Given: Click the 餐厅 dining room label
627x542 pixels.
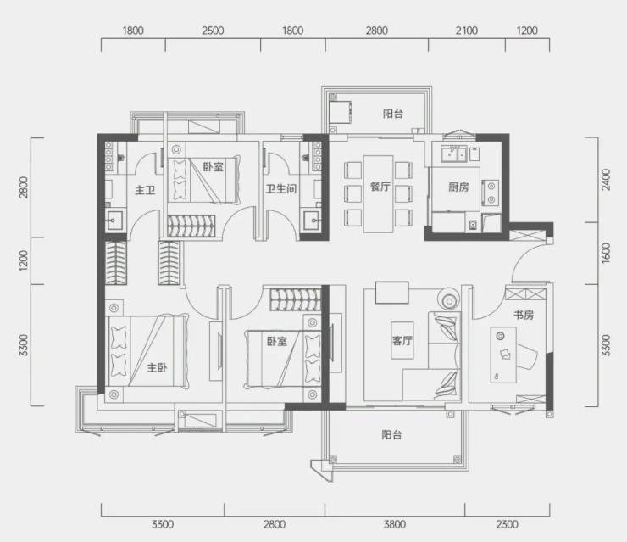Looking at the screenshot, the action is (x=380, y=187).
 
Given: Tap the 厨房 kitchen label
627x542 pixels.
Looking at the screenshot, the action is (x=458, y=187).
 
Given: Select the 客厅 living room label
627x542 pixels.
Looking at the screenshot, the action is (x=402, y=341).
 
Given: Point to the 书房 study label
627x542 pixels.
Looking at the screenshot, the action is (x=524, y=315).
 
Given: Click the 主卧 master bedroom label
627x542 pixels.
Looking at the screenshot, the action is (x=157, y=367).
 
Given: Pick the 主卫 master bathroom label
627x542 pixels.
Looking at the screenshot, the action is (x=145, y=189).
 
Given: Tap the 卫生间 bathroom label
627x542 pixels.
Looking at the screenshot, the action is (x=281, y=188).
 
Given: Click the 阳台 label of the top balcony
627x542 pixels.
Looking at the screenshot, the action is (x=392, y=114).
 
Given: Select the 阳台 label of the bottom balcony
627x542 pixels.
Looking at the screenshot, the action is (x=391, y=435).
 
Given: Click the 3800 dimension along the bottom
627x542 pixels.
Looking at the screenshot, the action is (x=395, y=524).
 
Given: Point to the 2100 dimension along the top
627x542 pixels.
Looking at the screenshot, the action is (x=467, y=31).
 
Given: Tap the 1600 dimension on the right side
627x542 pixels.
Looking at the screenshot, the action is (x=606, y=253).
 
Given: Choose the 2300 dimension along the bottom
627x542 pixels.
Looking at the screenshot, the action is (x=507, y=524).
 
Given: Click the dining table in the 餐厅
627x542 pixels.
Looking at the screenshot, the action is (x=378, y=194).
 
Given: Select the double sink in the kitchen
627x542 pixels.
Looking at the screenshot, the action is (x=454, y=154).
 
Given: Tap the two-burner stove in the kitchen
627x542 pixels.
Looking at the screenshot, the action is (x=491, y=193).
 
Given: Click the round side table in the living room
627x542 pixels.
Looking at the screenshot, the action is (x=449, y=299).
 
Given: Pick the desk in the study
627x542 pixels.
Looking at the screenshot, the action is (x=503, y=355).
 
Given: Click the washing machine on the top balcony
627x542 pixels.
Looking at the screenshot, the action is (x=341, y=112).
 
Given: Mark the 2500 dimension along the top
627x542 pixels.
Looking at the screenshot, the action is (x=213, y=31).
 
